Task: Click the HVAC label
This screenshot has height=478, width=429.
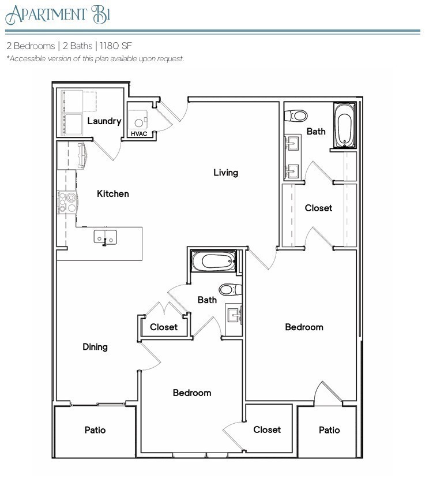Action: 139,134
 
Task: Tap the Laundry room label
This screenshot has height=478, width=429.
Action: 104,121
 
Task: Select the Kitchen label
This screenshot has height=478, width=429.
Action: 112,193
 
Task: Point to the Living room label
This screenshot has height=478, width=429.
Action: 225,172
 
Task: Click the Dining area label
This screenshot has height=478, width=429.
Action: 95,346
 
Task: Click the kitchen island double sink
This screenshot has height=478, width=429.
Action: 106,237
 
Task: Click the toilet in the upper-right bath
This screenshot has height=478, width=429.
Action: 296,115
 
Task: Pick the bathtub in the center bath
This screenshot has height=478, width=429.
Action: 214,262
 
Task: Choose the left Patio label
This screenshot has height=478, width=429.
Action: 95,430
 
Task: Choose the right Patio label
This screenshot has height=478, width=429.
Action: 329,430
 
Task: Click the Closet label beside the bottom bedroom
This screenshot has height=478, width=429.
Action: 267,430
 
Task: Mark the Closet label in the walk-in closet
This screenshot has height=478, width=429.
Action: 318,208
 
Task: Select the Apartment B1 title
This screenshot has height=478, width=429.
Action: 58,14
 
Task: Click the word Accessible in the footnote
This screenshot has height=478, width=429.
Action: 29,59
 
